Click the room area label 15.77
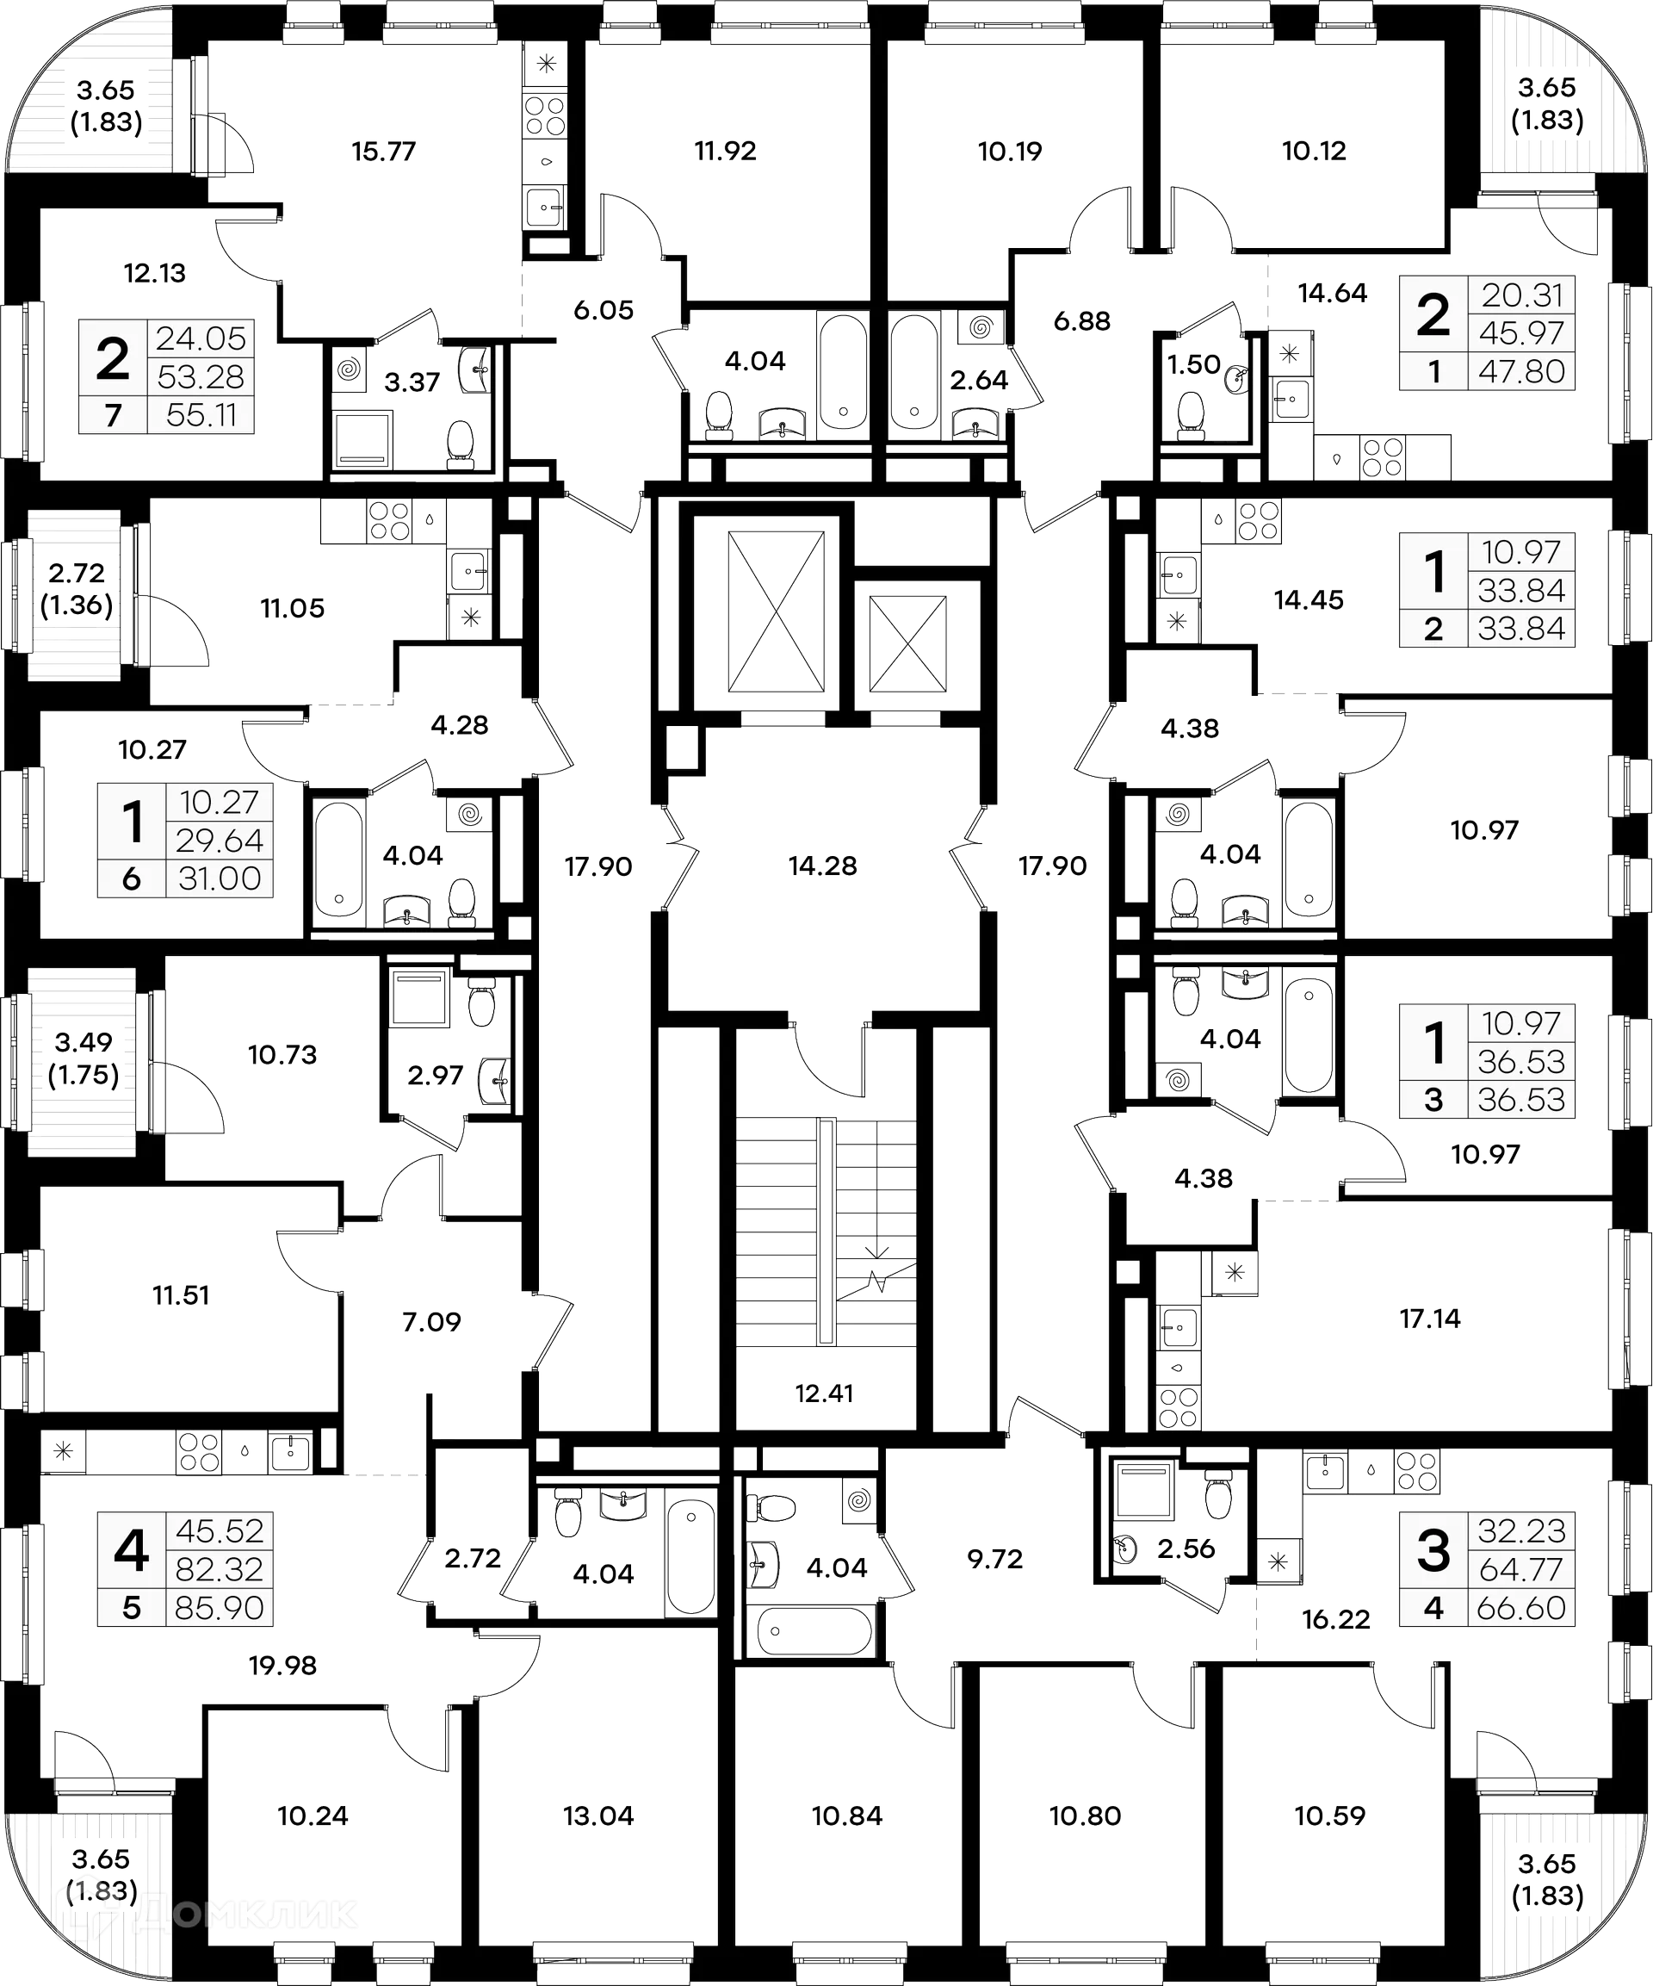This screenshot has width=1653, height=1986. (384, 152)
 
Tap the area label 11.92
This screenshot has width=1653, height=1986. (725, 152)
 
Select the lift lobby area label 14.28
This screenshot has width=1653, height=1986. (823, 865)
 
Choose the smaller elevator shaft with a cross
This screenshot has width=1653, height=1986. (907, 643)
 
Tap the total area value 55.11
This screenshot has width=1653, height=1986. (201, 415)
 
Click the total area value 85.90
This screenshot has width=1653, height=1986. (219, 1608)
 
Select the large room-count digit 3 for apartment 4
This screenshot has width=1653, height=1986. (1433, 1552)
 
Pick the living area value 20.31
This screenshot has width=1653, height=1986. (1521, 296)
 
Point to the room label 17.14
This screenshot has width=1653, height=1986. (1430, 1319)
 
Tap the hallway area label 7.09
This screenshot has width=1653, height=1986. (431, 1321)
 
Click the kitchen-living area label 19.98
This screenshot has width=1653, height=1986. (282, 1666)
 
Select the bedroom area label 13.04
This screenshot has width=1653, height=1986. (597, 1815)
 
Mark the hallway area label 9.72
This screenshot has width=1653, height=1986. (995, 1560)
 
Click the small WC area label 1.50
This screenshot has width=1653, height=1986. (1193, 364)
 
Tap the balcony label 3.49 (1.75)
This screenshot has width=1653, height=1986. (84, 1058)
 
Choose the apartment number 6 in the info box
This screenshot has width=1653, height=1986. (132, 878)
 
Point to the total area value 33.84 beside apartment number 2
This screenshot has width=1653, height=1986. (1521, 629)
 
